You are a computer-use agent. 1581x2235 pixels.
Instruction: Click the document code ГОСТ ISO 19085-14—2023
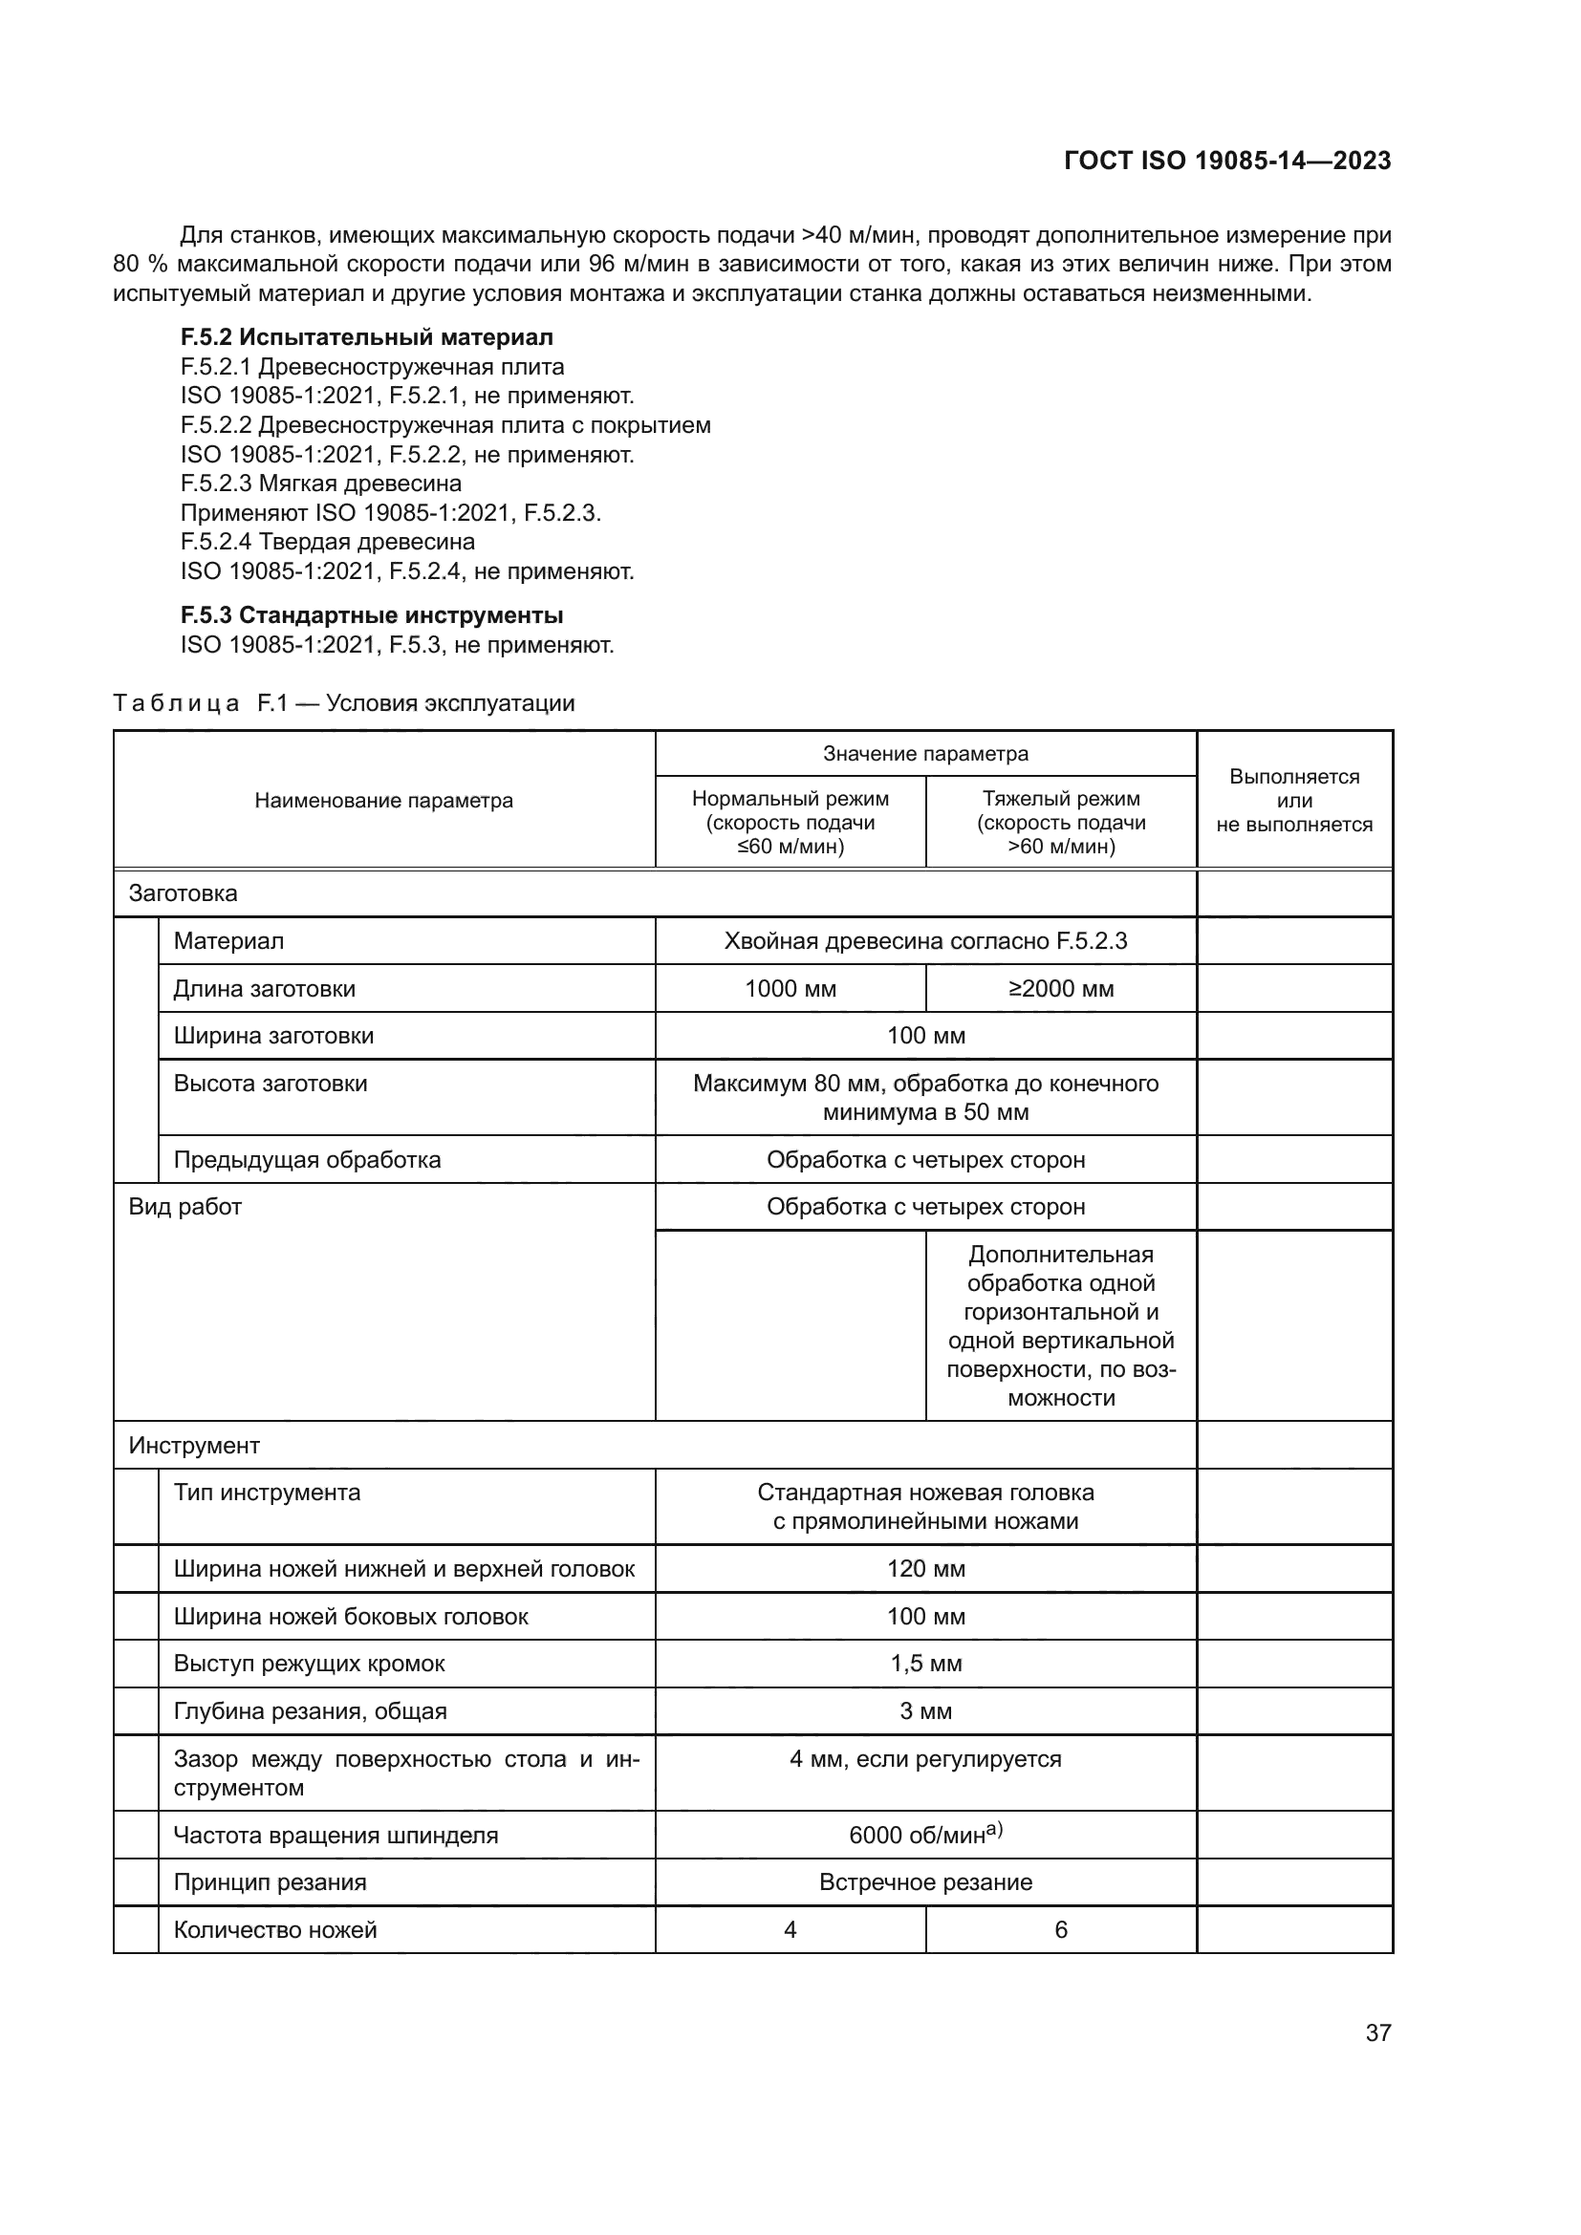click(x=1226, y=161)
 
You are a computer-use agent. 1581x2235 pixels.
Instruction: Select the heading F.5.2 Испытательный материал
click(x=366, y=337)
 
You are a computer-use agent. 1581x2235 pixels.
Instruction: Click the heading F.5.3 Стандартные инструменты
click(x=371, y=615)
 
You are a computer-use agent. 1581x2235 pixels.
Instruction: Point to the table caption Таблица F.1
click(x=343, y=703)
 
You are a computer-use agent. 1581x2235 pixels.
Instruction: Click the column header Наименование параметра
click(x=383, y=801)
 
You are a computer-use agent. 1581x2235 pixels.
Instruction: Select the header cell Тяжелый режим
click(x=1060, y=822)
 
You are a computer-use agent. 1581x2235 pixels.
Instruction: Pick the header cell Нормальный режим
click(x=790, y=822)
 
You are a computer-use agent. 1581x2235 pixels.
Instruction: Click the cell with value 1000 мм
click(x=790, y=989)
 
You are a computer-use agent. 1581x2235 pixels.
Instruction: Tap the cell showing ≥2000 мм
click(x=1060, y=989)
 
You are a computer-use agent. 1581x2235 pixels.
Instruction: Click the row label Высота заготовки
click(x=270, y=1084)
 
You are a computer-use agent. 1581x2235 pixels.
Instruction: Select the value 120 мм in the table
click(x=925, y=1569)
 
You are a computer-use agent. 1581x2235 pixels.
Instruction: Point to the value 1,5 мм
click(x=925, y=1664)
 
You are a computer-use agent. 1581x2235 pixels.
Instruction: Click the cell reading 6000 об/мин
click(x=925, y=1835)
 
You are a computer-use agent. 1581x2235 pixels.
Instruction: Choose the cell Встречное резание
click(x=925, y=1882)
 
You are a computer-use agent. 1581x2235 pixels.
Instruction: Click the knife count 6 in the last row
click(x=1060, y=1929)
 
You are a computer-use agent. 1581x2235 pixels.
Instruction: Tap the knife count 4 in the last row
click(x=790, y=1929)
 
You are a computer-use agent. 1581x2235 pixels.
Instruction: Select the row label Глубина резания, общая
click(x=310, y=1711)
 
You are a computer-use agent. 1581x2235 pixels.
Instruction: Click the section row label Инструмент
click(x=194, y=1446)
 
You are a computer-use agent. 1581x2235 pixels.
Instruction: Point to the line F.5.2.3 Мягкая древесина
click(x=320, y=484)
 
